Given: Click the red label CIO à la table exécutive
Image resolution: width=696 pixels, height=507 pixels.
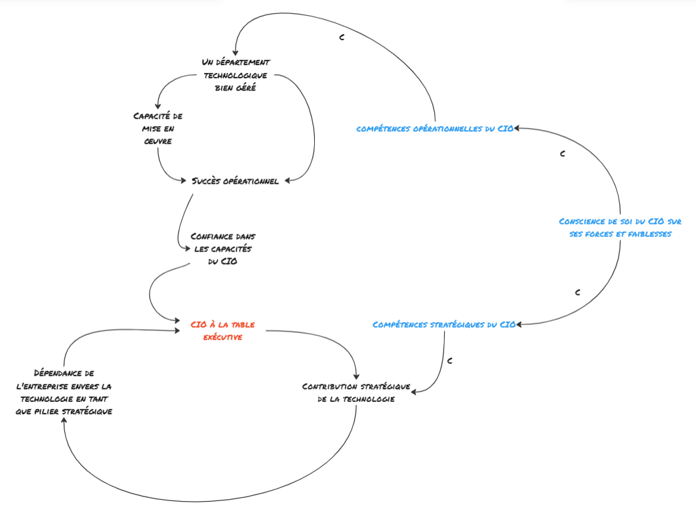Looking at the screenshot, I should (222, 330).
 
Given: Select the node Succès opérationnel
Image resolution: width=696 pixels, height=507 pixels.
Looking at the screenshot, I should (235, 181).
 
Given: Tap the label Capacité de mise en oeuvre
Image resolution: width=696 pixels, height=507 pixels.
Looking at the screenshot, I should (157, 128).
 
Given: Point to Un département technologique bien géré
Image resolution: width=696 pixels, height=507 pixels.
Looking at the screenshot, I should (235, 76).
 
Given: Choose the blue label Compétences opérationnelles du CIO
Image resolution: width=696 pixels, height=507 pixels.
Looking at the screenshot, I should (435, 129).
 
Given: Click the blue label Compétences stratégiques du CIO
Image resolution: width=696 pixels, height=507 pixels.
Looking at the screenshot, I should (444, 324).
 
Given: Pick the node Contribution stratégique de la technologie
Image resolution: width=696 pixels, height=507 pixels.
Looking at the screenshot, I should (356, 393).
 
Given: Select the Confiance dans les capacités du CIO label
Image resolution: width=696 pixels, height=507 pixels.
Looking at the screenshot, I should (222, 248).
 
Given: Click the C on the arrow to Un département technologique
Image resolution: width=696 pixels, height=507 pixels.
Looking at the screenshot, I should (342, 37).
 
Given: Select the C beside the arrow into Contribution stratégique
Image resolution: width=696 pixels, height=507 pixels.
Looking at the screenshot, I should (449, 361).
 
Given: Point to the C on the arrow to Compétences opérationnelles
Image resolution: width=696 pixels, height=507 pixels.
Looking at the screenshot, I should (562, 154).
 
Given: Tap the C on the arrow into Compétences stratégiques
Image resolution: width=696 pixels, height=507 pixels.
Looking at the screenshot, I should (577, 292).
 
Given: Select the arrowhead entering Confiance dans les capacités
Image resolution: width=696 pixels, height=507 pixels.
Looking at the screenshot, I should (188, 248).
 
